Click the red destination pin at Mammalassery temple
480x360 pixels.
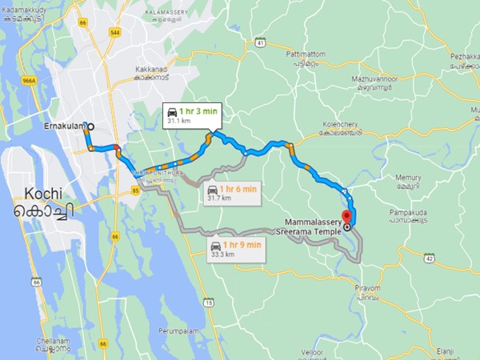(346, 217)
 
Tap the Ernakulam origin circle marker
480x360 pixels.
(90, 126)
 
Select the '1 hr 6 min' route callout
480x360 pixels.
(231, 193)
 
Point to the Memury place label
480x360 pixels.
(407, 181)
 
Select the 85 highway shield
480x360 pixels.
(125, 190)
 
